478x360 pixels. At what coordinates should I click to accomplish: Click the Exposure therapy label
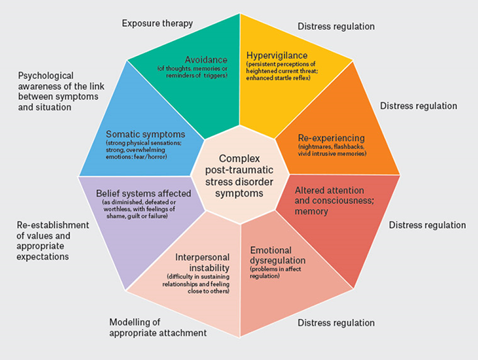coord(157,23)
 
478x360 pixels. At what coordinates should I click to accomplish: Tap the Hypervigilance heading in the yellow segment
coord(277,55)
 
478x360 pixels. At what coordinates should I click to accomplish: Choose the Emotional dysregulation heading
coord(277,255)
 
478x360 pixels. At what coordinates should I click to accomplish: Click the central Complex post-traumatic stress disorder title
coord(238,175)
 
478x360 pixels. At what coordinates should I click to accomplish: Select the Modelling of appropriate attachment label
coord(158,328)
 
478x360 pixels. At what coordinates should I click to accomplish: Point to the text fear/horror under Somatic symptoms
coord(153,156)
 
